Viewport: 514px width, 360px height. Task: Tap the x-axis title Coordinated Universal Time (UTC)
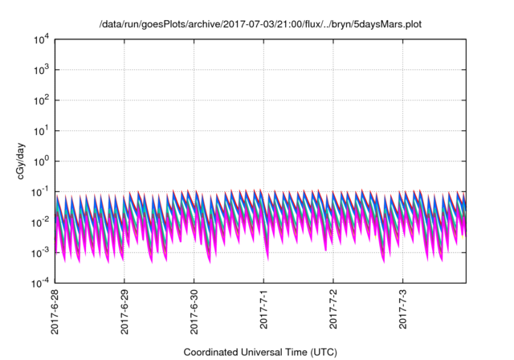pos(259,352)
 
